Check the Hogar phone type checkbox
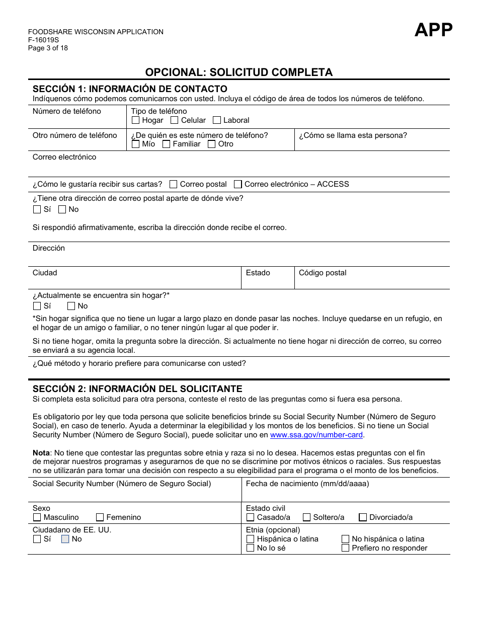pyautogui.click(x=135, y=120)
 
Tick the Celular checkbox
pyautogui.click(x=175, y=120)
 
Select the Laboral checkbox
pyautogui.click(x=217, y=120)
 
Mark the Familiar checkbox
pyautogui.click(x=167, y=144)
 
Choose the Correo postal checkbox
pyautogui.click(x=174, y=184)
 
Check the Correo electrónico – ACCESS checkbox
pyautogui.click(x=238, y=184)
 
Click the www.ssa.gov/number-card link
pyautogui.click(x=316, y=435)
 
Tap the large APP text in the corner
pyautogui.click(x=433, y=30)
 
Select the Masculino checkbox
pyautogui.click(x=37, y=517)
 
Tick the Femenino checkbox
pyautogui.click(x=100, y=517)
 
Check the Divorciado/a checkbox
pyautogui.click(x=363, y=517)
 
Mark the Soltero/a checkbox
pyautogui.click(x=306, y=517)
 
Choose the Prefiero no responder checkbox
pyautogui.click(x=345, y=548)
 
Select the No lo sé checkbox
pyautogui.click(x=251, y=548)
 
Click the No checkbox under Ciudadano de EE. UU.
pyautogui.click(x=65, y=539)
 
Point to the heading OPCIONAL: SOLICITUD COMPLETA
pyautogui.click(x=239, y=72)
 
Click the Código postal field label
pyautogui.click(x=323, y=273)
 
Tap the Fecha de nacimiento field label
pyautogui.click(x=307, y=484)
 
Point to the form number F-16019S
pyautogui.click(x=43, y=40)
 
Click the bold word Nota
pyautogui.click(x=41, y=453)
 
